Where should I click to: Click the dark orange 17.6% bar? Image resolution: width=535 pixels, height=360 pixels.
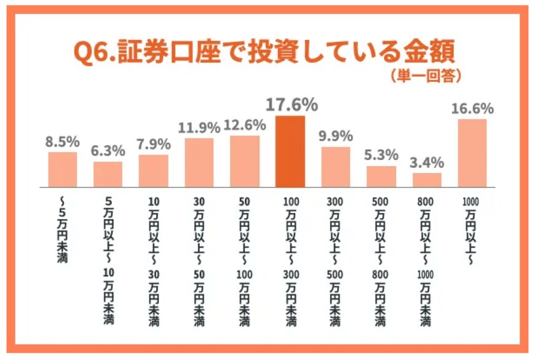[290, 151]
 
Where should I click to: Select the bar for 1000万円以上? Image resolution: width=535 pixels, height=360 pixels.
[472, 153]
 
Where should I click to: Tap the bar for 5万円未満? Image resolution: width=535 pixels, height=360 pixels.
[63, 169]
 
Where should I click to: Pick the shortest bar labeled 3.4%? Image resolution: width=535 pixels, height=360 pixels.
[427, 180]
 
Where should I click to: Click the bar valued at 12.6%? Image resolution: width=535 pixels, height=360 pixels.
[245, 161]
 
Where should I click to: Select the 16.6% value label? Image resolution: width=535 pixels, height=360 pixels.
[472, 109]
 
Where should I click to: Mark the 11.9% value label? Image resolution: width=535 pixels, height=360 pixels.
[199, 128]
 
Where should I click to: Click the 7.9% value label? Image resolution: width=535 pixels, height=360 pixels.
[154, 145]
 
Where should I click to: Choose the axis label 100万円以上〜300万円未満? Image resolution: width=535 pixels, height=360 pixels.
[290, 262]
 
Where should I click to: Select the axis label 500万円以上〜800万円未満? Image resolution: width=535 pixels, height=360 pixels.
[381, 262]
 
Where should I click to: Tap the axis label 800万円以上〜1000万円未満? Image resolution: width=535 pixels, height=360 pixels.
[426, 262]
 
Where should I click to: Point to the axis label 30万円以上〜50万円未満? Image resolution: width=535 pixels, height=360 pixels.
[199, 262]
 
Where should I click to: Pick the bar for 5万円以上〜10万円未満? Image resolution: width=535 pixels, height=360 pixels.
[108, 174]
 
